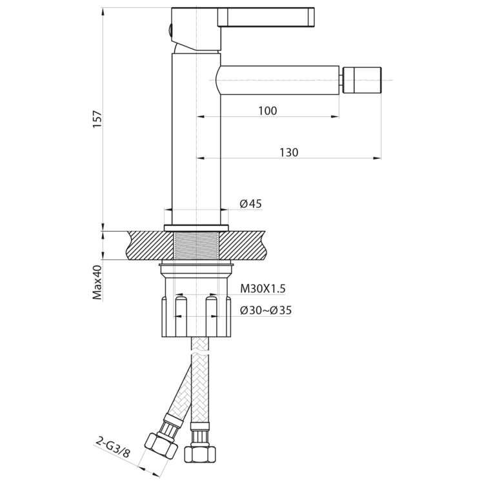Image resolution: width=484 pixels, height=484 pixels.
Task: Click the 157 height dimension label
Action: pyautogui.click(x=97, y=119)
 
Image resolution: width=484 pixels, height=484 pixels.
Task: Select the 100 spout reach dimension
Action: pyautogui.click(x=267, y=111)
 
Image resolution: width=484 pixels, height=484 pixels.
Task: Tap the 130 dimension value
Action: pyautogui.click(x=288, y=152)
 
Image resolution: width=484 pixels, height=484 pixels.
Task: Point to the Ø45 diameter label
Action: pyautogui.click(x=250, y=204)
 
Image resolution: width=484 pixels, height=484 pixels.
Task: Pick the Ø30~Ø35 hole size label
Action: pyautogui.click(x=265, y=310)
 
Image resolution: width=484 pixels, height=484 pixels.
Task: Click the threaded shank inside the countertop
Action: pyautogui.click(x=197, y=246)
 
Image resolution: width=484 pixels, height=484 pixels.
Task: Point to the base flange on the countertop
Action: pyautogui.click(x=197, y=228)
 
